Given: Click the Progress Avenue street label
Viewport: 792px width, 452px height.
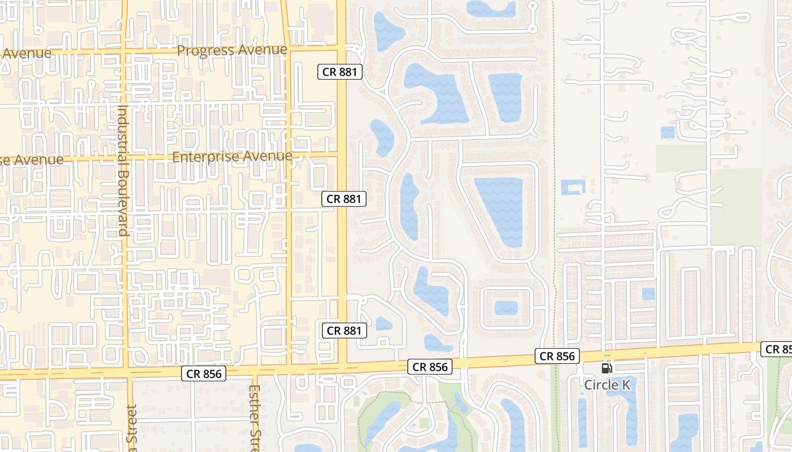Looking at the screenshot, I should pos(232,50).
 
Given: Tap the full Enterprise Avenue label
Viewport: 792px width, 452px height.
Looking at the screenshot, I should pos(232,157).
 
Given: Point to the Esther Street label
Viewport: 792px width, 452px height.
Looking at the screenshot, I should pos(254,418).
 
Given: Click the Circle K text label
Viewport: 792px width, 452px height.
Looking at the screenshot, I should pos(607,385).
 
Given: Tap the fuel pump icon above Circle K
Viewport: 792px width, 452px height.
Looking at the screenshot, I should pos(606,368).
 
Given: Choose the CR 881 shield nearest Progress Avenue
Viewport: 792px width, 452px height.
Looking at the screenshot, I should pos(339,72).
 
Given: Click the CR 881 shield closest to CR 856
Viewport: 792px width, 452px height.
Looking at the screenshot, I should pos(344,331).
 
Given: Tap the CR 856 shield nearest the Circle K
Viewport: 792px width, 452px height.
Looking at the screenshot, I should pos(557,356).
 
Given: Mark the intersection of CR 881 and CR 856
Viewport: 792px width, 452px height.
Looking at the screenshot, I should pos(342,367).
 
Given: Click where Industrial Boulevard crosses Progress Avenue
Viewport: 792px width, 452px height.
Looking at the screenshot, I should pos(124,53).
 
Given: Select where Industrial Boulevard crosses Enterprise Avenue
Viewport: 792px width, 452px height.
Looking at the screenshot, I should pos(124,158).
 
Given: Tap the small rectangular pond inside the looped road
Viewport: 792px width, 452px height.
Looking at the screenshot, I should pos(506,308).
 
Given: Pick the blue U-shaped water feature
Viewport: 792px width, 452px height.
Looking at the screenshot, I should pos(573,187).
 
